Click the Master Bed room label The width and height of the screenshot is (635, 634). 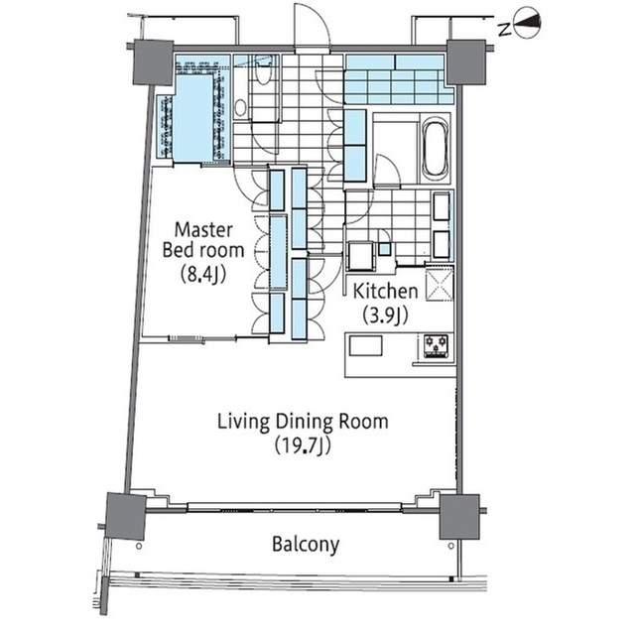[203, 240]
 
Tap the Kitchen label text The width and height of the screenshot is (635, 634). [385, 291]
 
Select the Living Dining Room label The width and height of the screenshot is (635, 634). [303, 422]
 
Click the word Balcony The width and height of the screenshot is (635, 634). [306, 545]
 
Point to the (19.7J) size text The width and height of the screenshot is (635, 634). [303, 446]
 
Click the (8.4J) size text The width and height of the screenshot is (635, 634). [202, 275]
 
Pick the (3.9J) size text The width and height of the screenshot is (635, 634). [385, 316]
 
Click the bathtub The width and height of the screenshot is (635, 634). [436, 148]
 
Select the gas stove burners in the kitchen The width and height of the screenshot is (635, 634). [437, 345]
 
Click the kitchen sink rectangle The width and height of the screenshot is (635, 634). [366, 346]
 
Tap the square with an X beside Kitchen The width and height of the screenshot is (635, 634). [440, 283]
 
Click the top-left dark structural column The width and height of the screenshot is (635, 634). [154, 63]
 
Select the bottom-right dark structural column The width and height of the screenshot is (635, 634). [459, 517]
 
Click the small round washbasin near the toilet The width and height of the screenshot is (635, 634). [240, 108]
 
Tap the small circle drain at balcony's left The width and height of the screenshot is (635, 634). [139, 546]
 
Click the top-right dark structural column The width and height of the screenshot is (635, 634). [465, 62]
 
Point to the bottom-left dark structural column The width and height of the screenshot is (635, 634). [126, 516]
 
